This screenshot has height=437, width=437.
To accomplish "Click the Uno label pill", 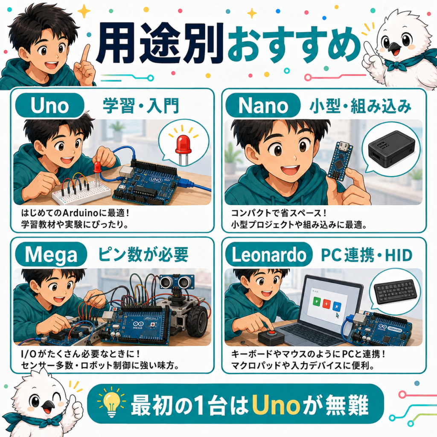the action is [50, 105].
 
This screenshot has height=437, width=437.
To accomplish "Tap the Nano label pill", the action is [263, 105].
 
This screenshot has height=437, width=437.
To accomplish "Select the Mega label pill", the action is [51, 254].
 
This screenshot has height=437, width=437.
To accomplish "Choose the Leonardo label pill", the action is [269, 254].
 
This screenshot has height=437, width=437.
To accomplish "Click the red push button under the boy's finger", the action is [271, 333].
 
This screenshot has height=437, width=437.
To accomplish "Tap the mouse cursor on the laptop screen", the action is [338, 315].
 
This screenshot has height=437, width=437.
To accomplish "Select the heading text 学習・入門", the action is [141, 106].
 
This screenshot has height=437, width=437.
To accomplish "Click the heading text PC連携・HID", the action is [367, 255].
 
